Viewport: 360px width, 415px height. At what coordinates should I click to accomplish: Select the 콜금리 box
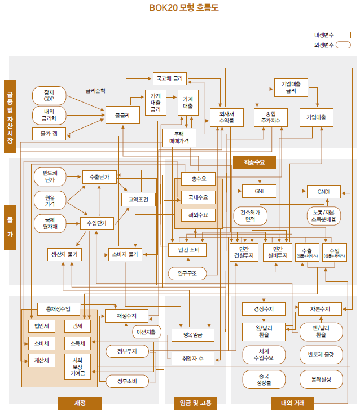tap(118, 117)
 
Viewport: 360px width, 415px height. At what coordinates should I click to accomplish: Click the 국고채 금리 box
tap(169, 78)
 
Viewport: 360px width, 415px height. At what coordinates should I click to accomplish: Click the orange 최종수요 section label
tap(255, 162)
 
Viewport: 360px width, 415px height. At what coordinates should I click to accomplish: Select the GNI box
tap(258, 192)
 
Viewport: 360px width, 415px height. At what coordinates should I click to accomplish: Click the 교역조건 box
tap(138, 200)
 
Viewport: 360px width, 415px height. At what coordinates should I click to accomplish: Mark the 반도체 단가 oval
tap(49, 176)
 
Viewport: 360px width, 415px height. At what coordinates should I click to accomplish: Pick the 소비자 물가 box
tap(125, 255)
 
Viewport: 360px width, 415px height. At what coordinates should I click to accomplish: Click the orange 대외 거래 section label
tap(292, 403)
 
